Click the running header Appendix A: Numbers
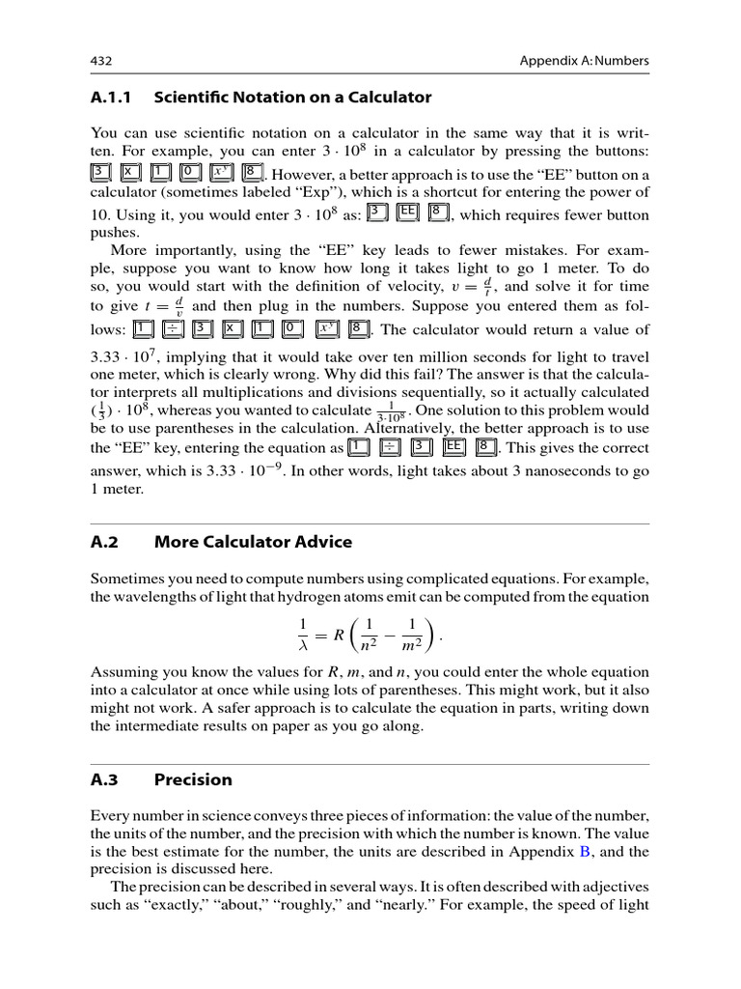(x=584, y=61)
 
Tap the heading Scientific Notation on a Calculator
(x=293, y=98)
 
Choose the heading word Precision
(x=193, y=779)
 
